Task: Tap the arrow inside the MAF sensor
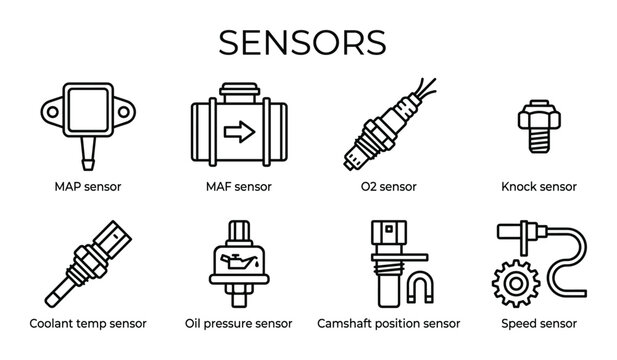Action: tap(238, 129)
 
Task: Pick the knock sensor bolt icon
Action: tap(539, 130)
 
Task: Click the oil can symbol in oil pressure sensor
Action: tap(238, 264)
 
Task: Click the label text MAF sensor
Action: tap(238, 186)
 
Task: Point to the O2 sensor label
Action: tap(388, 186)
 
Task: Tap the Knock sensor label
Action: tap(539, 186)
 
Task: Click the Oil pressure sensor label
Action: tap(238, 323)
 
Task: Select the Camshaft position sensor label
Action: tap(388, 323)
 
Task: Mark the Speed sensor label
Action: tap(539, 323)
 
